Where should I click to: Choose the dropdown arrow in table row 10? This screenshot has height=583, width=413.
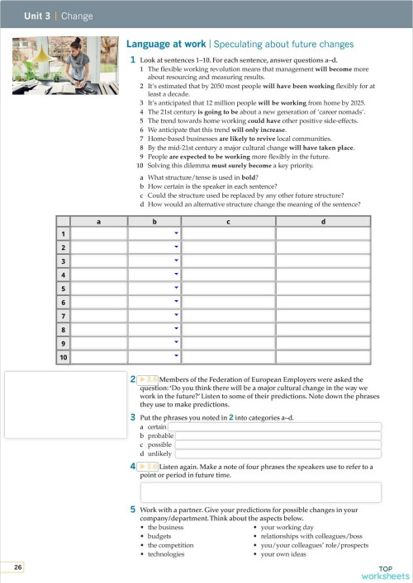click(176, 356)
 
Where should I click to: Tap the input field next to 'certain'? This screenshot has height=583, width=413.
click(277, 427)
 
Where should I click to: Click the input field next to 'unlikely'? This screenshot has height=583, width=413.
click(278, 454)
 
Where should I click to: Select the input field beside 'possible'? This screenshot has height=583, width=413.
click(278, 444)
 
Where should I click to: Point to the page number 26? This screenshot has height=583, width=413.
click(18, 567)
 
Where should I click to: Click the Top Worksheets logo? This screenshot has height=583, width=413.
click(385, 572)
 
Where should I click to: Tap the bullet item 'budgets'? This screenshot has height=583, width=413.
click(160, 535)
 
